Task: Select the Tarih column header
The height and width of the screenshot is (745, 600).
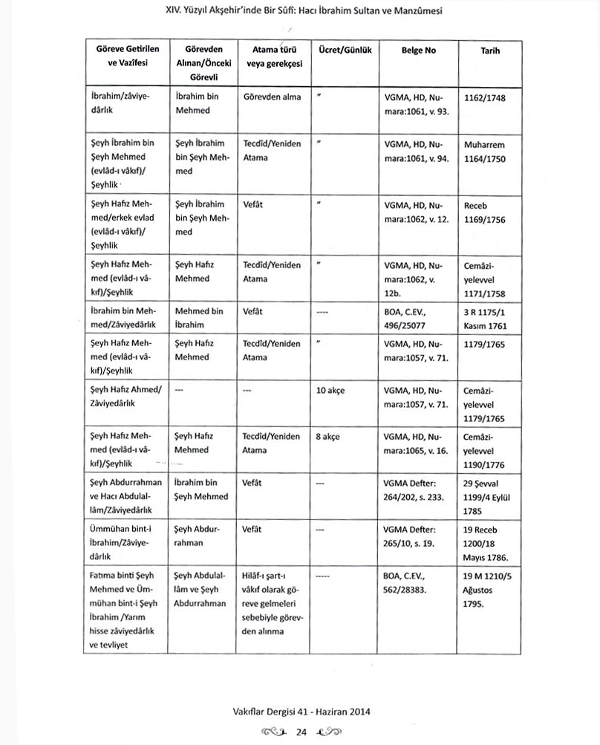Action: [489, 50]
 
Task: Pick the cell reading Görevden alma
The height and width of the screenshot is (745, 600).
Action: [272, 97]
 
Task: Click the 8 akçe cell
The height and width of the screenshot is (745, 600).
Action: [327, 437]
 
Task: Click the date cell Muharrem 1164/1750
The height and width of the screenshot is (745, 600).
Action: [487, 150]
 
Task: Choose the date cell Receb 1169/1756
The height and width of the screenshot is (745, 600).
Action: [485, 211]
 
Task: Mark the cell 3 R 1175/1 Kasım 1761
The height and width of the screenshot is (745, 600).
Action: [489, 318]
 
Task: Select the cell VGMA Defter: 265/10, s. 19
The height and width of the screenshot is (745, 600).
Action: [413, 536]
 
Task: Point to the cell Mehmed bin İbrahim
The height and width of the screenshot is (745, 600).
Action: [198, 318]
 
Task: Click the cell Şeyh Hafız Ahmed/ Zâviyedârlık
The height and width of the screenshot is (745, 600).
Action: [123, 397]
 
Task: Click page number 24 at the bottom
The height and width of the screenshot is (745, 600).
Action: [301, 732]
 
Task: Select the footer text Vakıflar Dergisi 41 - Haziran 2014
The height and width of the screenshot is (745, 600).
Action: [300, 711]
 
